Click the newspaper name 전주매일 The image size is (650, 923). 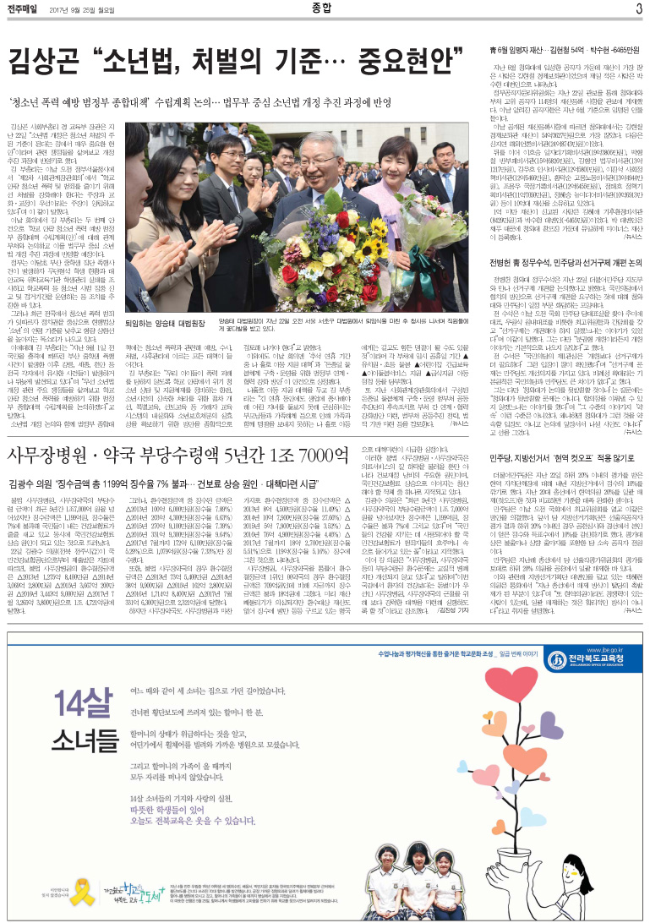coord(25,9)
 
